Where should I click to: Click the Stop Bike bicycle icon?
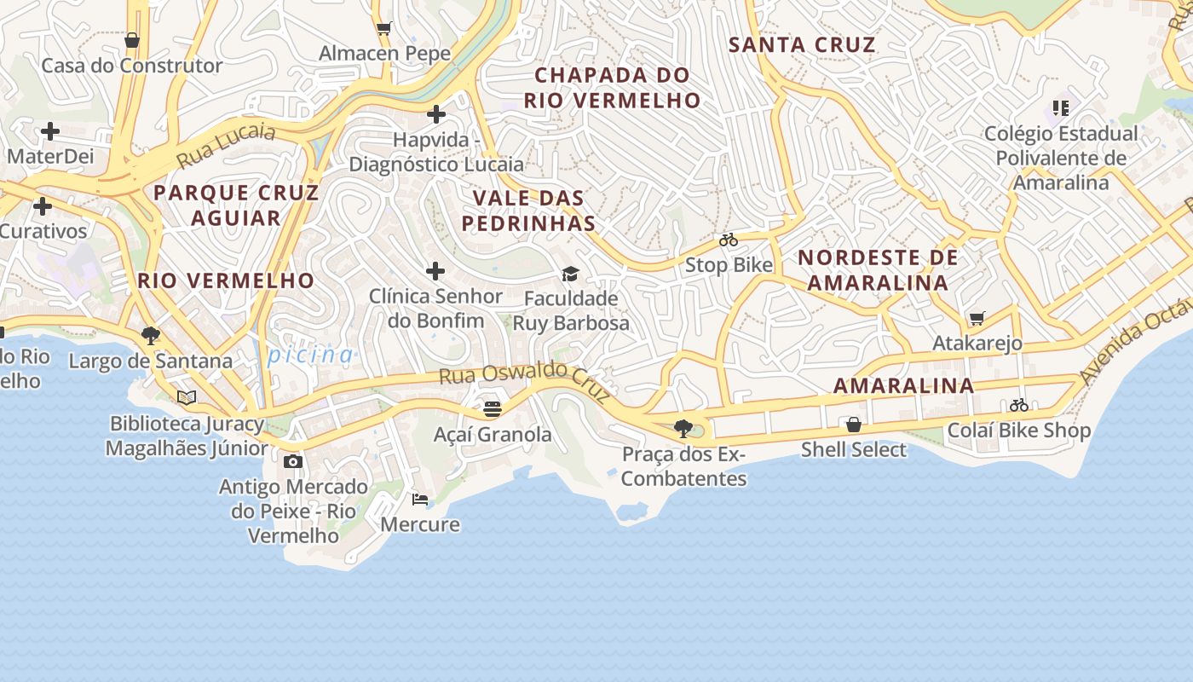coord(728,240)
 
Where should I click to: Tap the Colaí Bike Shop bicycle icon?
coord(1018,405)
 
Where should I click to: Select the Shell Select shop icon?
coord(853,425)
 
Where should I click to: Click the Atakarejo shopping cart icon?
coord(977,319)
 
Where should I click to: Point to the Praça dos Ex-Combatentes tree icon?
coord(683,429)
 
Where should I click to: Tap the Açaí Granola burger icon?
coord(492,409)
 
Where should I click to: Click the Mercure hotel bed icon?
coord(419,499)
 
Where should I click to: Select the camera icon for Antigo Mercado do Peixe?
coord(292,461)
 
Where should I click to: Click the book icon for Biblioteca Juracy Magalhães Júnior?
coord(187,397)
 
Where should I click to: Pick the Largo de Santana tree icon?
coord(151,336)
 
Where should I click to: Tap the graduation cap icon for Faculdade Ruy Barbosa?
coord(570,274)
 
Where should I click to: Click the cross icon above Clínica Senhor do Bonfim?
coord(435,271)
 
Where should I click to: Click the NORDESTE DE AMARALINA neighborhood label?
coord(878,269)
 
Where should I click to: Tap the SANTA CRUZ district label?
coord(802,45)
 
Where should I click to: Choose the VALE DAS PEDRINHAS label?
coord(528,211)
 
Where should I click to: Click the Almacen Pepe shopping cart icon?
coord(383,28)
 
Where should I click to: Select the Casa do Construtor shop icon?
coord(132,40)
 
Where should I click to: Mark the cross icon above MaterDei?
coord(50,131)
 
